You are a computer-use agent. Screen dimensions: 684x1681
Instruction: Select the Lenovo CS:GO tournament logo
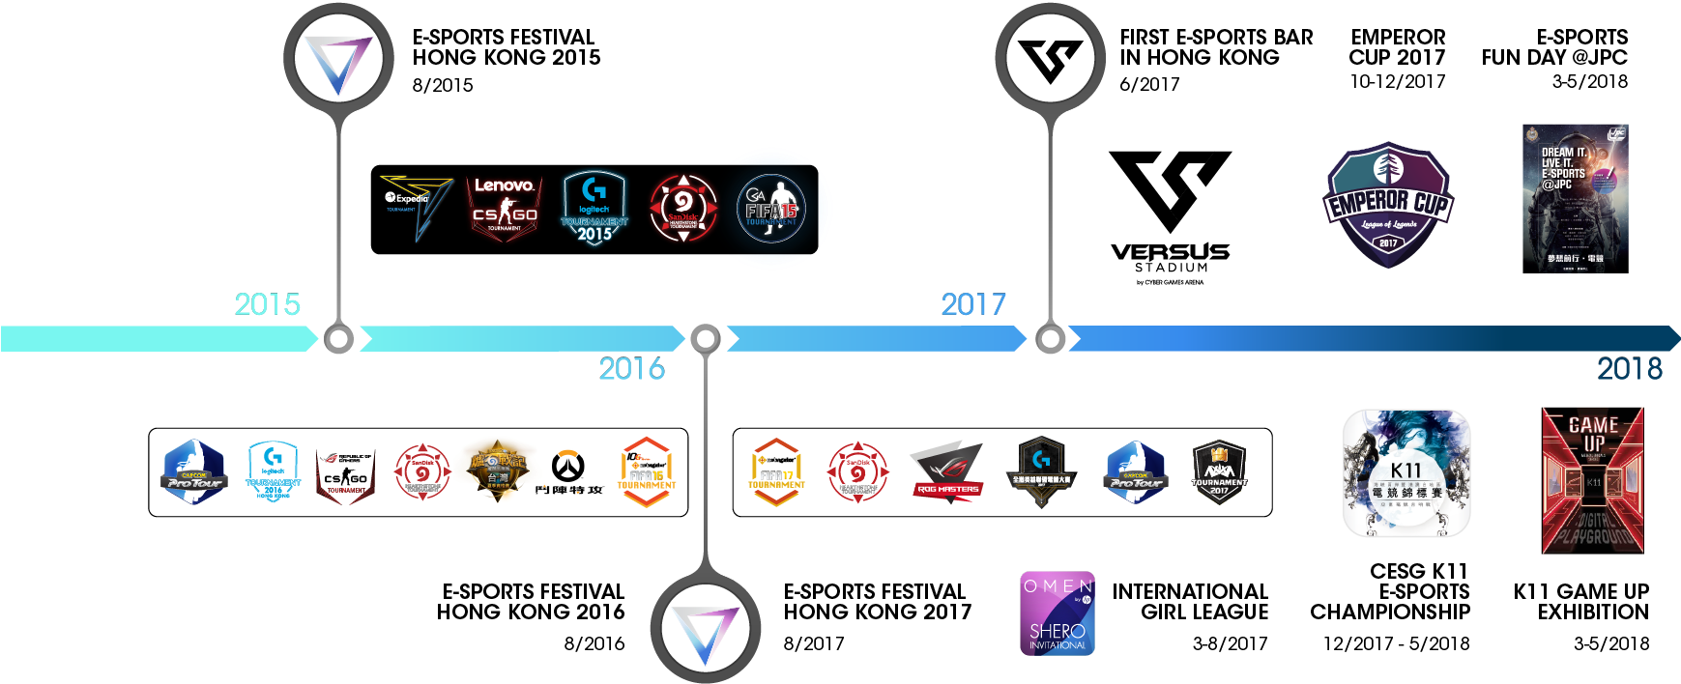(504, 206)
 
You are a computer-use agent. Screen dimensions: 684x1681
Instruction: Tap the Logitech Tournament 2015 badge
(594, 207)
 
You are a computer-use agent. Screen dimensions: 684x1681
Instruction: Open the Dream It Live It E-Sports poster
(1574, 201)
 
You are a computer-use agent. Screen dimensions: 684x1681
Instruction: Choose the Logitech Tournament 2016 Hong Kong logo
(274, 472)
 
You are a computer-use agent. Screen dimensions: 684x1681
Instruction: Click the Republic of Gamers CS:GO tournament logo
(346, 473)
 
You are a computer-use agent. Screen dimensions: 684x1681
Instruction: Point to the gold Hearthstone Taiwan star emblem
(496, 472)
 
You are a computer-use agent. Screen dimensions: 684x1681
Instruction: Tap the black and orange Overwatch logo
(568, 473)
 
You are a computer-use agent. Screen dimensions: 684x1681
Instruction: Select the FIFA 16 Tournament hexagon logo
(646, 472)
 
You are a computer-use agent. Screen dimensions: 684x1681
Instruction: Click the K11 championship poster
(1413, 482)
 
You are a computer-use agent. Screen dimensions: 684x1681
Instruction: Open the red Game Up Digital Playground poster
(1592, 483)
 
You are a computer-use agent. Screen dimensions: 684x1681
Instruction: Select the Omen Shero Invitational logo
(1058, 613)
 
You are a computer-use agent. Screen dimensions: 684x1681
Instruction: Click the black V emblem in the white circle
(1051, 59)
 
